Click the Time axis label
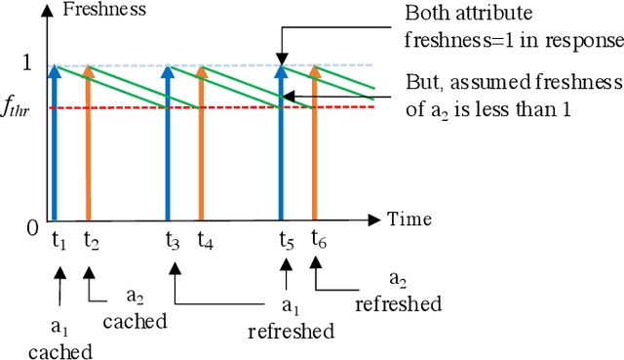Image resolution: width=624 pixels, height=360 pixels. pyautogui.click(x=408, y=220)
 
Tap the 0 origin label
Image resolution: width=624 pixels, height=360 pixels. pyautogui.click(x=31, y=227)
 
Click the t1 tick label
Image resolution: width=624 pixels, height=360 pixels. pyautogui.click(x=58, y=240)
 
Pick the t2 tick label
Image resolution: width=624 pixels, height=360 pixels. pyautogui.click(x=92, y=240)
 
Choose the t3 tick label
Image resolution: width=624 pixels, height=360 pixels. pyautogui.click(x=172, y=240)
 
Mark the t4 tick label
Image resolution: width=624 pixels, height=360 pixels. pyautogui.click(x=205, y=240)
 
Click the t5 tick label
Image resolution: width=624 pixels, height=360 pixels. pyautogui.click(x=286, y=240)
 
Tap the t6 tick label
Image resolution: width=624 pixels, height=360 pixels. pyautogui.click(x=319, y=240)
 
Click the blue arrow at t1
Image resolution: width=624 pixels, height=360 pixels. pyautogui.click(x=55, y=146)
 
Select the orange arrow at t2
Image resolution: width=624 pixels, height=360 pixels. pyautogui.click(x=88, y=146)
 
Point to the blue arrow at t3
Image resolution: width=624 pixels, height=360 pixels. pyautogui.click(x=167, y=146)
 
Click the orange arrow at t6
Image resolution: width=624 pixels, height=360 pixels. pyautogui.click(x=314, y=146)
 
